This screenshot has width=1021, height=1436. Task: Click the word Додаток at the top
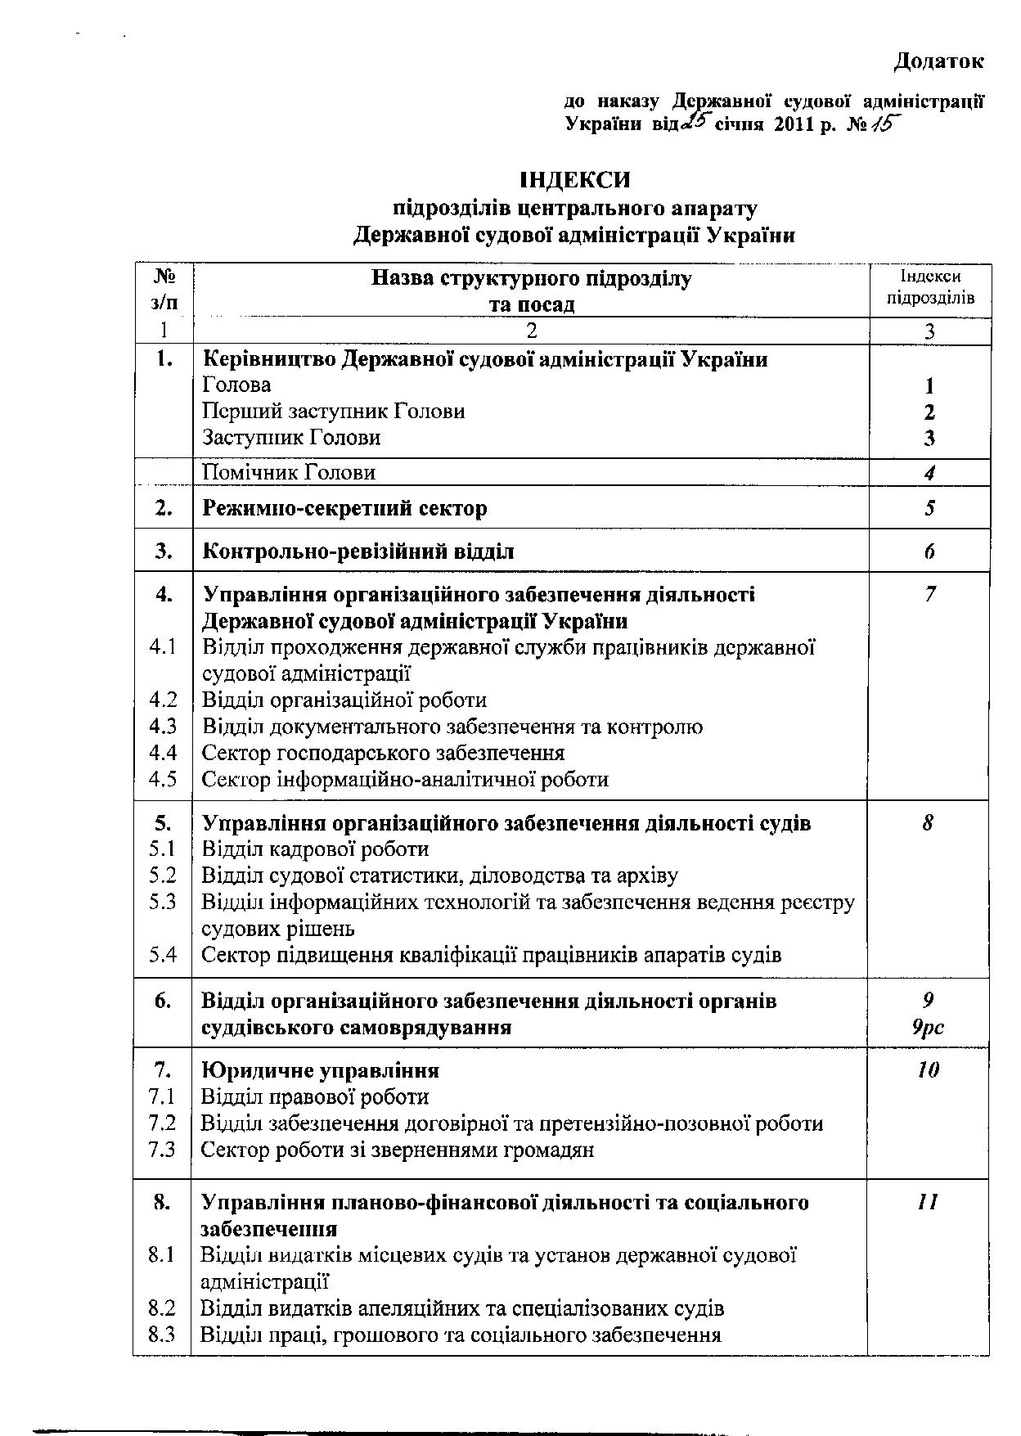pyautogui.click(x=938, y=61)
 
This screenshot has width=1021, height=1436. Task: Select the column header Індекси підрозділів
pyautogui.click(x=930, y=287)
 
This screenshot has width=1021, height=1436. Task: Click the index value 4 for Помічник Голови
pyautogui.click(x=929, y=473)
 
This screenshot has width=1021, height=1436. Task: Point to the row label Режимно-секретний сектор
pyautogui.click(x=344, y=508)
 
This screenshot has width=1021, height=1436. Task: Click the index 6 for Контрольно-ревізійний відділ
pyautogui.click(x=929, y=551)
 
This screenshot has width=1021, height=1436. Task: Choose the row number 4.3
pyautogui.click(x=163, y=727)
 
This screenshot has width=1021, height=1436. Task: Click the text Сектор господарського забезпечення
pyautogui.click(x=383, y=753)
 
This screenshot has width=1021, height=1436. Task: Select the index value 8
pyautogui.click(x=928, y=823)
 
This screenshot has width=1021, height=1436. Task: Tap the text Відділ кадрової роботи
pyautogui.click(x=315, y=849)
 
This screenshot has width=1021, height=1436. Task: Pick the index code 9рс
pyautogui.click(x=928, y=1027)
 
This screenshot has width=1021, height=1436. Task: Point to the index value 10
pyautogui.click(x=928, y=1070)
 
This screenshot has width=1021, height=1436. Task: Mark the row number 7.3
pyautogui.click(x=163, y=1150)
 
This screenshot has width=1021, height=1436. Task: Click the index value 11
pyautogui.click(x=928, y=1202)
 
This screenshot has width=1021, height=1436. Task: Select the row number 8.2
pyautogui.click(x=163, y=1308)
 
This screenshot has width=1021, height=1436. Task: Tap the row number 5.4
pyautogui.click(x=163, y=955)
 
